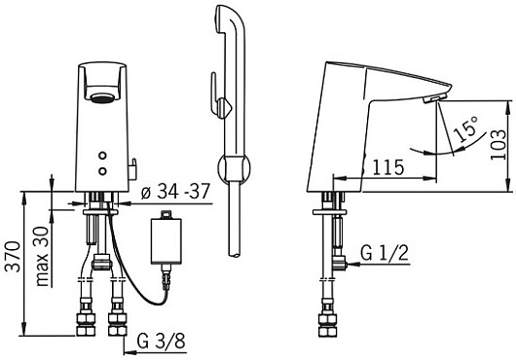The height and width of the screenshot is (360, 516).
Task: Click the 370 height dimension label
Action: [15, 257]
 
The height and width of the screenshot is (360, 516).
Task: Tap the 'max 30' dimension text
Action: [43, 257]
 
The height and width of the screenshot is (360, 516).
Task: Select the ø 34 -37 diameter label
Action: [175, 191]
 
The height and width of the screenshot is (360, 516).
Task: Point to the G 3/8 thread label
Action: [161, 341]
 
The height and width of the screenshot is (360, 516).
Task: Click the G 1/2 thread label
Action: [385, 253]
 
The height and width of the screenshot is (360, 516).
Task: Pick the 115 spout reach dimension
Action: [387, 167]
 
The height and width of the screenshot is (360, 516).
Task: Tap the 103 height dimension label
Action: [498, 144]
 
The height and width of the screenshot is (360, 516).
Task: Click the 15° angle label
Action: [465, 128]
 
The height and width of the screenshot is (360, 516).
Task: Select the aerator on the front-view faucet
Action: [101, 98]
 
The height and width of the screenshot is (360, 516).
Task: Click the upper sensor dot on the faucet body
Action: [103, 156]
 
